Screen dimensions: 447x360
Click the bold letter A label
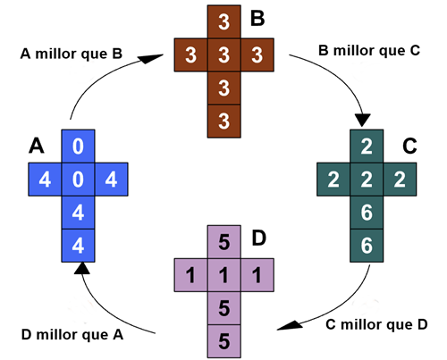pos(37,147)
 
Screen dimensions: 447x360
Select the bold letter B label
pos(257,18)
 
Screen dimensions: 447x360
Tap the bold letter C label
pos(409,147)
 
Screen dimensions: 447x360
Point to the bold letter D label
pos(258,239)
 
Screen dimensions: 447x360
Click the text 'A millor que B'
pos(72,54)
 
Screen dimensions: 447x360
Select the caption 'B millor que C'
pos(369,50)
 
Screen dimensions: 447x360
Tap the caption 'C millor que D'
pos(376,324)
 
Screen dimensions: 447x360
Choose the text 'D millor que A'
pos(72,335)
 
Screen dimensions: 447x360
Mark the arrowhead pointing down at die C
pos(363,120)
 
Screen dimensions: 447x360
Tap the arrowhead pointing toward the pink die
pos(290,325)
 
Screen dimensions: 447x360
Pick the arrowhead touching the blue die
pos(82,268)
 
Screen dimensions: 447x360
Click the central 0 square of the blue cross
pos(78,180)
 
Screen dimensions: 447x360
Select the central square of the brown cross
pos(224,54)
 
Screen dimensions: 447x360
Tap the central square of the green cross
pos(367,180)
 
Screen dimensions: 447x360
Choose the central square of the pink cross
pos(224,275)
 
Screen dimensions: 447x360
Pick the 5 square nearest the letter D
pos(224,242)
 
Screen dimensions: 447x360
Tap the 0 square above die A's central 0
pos(78,147)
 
